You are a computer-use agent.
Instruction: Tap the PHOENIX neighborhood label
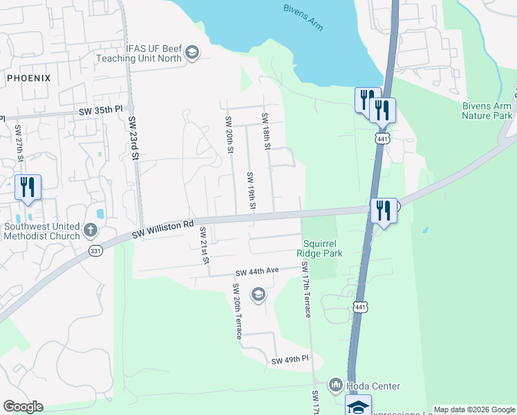point(29,78)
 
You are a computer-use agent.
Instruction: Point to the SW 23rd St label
point(133,139)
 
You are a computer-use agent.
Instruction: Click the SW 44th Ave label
point(256,271)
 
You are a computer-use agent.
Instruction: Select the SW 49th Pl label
point(290,361)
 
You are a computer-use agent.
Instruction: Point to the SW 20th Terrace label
point(237,311)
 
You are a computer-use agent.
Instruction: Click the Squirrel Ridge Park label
point(323,248)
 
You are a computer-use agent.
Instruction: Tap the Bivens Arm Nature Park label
point(488,111)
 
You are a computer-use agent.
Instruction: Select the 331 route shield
point(95,252)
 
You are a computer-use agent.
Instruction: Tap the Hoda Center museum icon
point(336,384)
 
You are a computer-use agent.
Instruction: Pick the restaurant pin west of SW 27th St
point(28,188)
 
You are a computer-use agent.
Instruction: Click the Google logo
point(23,407)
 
